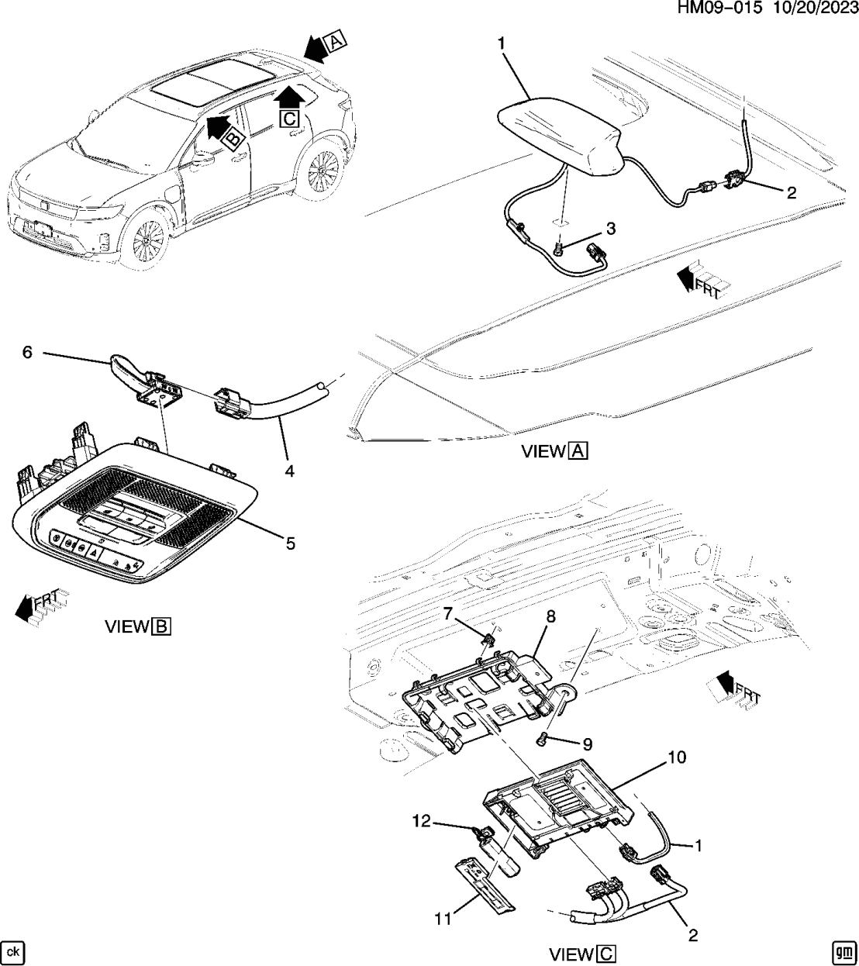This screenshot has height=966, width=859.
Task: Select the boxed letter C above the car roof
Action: click(288, 119)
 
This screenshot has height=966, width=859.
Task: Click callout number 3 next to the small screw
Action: click(610, 229)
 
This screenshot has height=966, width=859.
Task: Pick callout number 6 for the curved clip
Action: click(27, 353)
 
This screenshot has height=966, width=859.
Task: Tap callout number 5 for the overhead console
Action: click(290, 543)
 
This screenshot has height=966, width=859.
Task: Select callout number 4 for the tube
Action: click(288, 471)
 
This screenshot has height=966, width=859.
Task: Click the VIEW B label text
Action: click(137, 626)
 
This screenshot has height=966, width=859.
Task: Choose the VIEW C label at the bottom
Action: click(582, 954)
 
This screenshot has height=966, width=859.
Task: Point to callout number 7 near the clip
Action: click(447, 613)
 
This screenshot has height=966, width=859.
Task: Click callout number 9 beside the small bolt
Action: click(587, 744)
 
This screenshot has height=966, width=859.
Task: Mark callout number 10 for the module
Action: click(676, 757)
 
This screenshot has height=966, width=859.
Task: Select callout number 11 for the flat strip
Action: click(442, 919)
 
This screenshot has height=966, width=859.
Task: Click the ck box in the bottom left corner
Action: click(12, 951)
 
